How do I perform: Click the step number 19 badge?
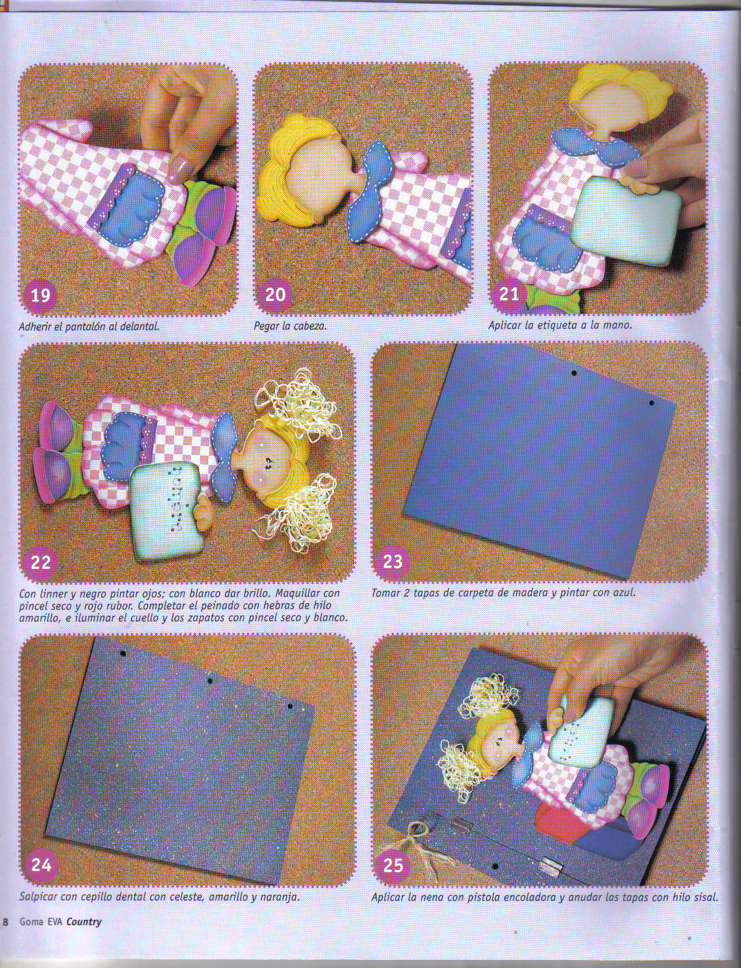coord(40,294)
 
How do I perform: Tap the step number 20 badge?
coord(275,294)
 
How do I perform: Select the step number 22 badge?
coord(40,562)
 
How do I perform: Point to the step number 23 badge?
coord(392,561)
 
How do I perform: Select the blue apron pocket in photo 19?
coord(129,206)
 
